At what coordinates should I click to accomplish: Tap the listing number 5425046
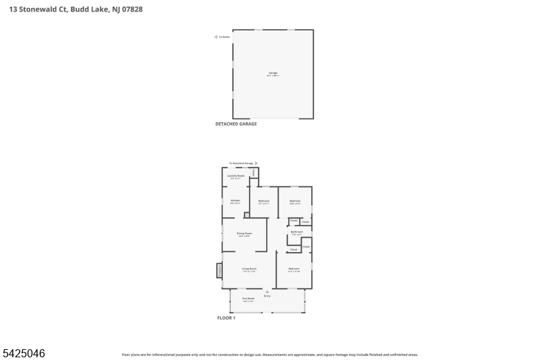[x=24, y=353]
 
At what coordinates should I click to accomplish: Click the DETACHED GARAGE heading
[x=236, y=124]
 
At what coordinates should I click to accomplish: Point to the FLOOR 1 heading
[x=226, y=317]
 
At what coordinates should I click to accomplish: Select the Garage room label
[x=273, y=73]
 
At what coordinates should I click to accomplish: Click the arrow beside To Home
[x=216, y=36]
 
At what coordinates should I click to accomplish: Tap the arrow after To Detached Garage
[x=256, y=163]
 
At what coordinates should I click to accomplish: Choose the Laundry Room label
[x=236, y=176]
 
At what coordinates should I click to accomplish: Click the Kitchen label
[x=235, y=201]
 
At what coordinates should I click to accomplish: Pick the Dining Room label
[x=244, y=234]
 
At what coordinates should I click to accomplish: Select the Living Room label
[x=249, y=269]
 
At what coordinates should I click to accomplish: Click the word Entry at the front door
[x=267, y=296]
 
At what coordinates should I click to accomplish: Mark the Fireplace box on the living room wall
[x=219, y=270]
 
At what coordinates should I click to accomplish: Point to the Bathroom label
[x=296, y=232]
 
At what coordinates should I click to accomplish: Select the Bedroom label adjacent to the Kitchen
[x=264, y=201]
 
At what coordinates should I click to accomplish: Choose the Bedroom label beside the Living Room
[x=294, y=269]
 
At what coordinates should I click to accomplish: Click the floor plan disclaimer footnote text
[x=270, y=354]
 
